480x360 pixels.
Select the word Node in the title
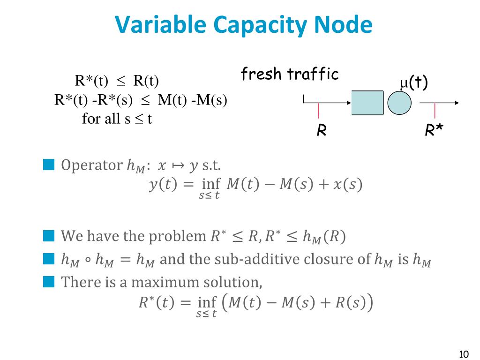coord(348,25)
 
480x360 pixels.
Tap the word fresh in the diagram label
coord(262,74)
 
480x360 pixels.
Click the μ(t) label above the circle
coord(413,83)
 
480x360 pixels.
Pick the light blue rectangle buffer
coord(367,103)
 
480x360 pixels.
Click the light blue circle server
coord(399,103)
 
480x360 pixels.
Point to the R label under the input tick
coord(322,131)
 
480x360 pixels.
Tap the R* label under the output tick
coord(434,131)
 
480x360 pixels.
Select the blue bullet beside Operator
coord(49,165)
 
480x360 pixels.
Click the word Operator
coord(92,165)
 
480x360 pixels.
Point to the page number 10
coord(464,353)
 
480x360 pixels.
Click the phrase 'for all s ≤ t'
coord(117,119)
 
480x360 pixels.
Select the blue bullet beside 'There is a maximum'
coord(49,282)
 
